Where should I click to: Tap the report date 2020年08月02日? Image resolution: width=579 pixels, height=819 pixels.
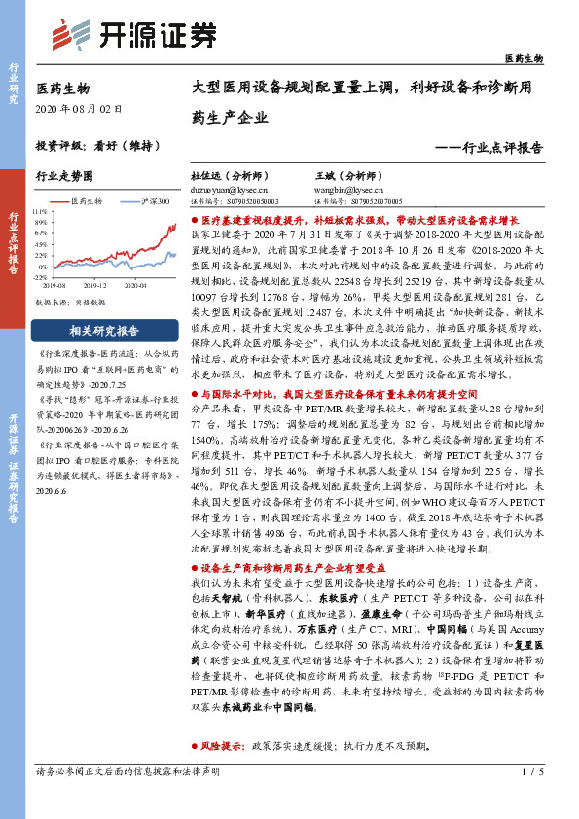coord(81,109)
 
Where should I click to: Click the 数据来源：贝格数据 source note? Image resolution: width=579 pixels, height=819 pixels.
coord(67,303)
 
